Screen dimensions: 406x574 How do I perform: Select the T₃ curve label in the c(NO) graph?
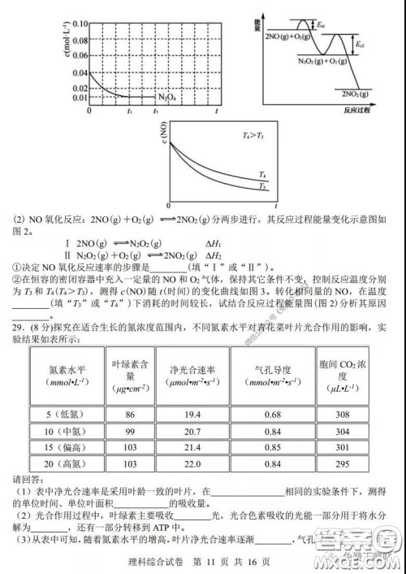pos(262,188)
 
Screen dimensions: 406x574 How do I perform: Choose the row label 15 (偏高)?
pos(65,447)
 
